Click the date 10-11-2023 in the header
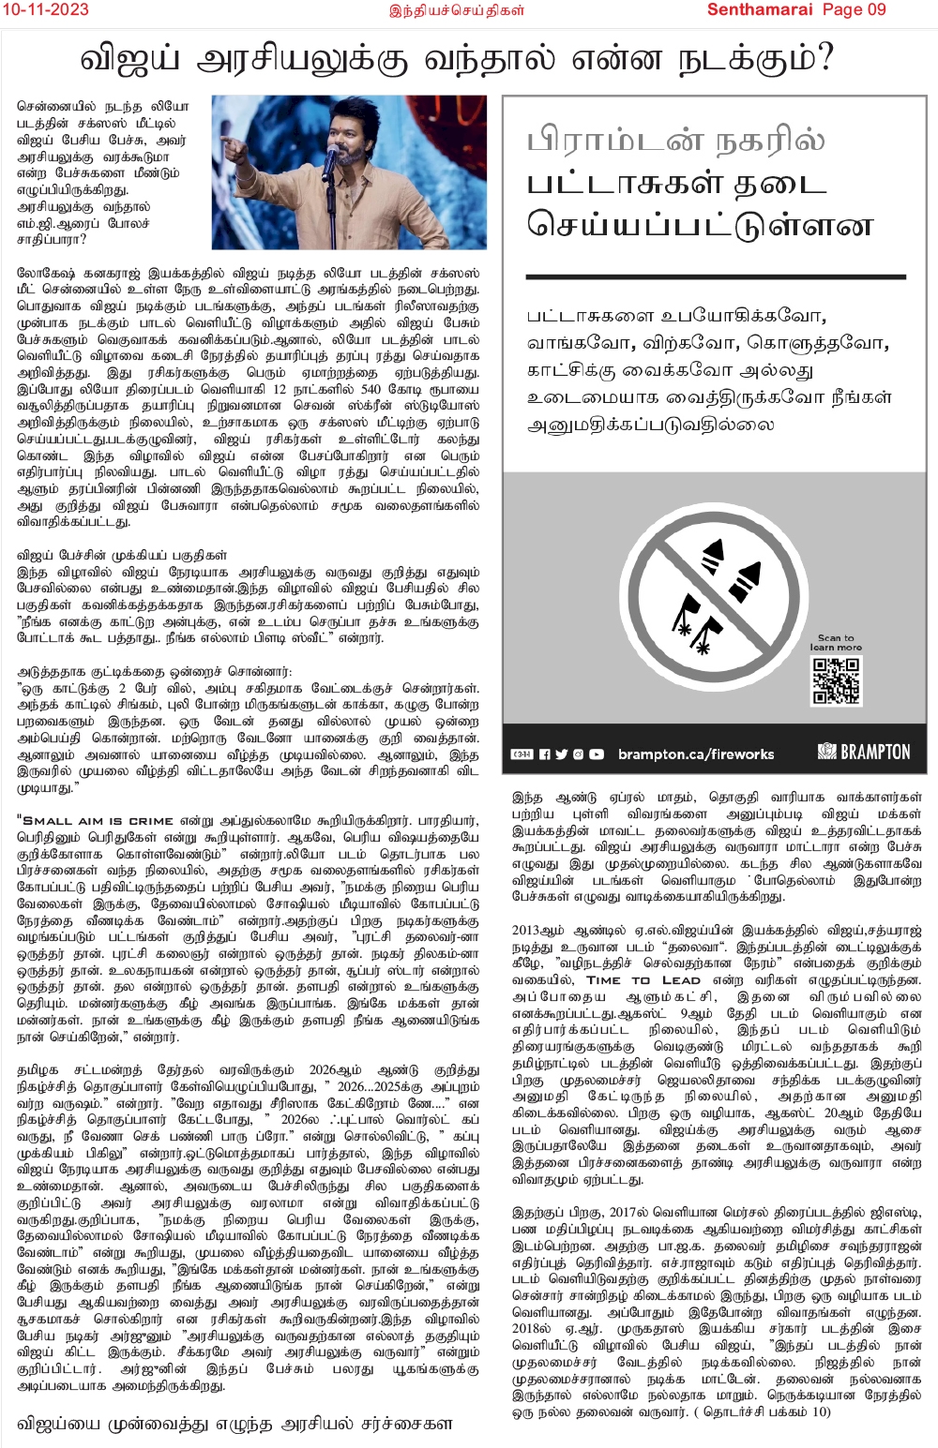click(x=45, y=9)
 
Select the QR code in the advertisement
click(x=835, y=680)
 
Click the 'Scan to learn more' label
click(x=835, y=642)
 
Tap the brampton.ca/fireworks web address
click(x=696, y=754)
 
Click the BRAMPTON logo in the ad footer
click(x=864, y=752)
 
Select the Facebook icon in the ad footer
click(x=544, y=754)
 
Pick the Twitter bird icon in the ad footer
click(x=561, y=754)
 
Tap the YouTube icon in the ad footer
click(x=597, y=754)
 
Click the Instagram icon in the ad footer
click(x=578, y=754)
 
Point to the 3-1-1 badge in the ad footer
click(x=522, y=754)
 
